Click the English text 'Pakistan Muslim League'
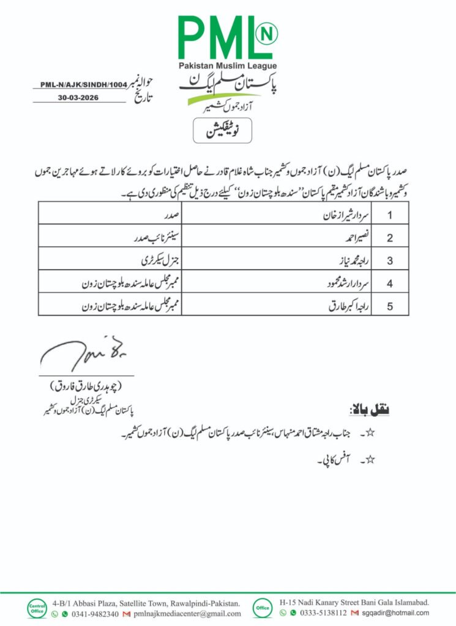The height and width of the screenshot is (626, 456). tap(228, 65)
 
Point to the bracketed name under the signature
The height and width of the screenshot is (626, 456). tap(85, 386)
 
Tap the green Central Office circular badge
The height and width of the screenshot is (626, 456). tap(36, 606)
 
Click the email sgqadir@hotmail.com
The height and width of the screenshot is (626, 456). tap(396, 613)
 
